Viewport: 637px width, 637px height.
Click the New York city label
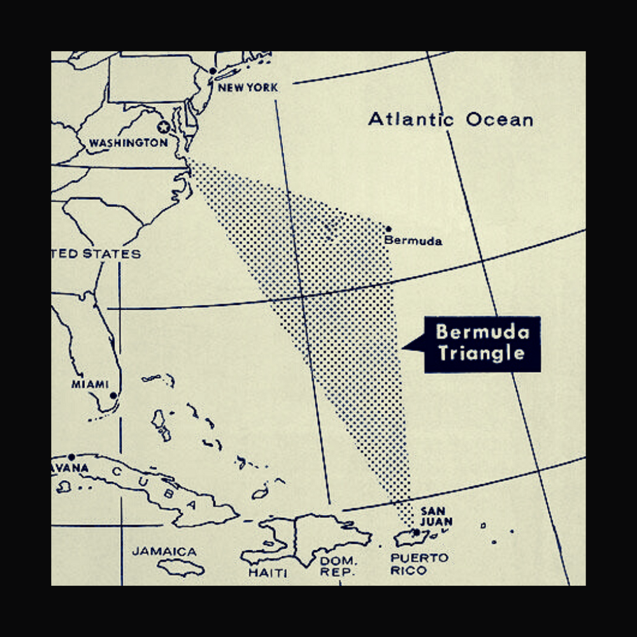[x=248, y=87]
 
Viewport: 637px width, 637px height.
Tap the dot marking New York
[x=213, y=71]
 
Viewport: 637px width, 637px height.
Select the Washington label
[x=128, y=143]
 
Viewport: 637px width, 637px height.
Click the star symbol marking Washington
[x=163, y=127]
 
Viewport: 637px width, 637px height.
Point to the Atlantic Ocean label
[x=450, y=119]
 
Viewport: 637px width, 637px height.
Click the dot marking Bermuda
[x=389, y=229]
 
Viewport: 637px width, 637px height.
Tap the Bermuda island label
[x=413, y=241]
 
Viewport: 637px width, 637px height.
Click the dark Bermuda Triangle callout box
[x=482, y=343]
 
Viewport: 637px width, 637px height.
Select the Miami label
[x=90, y=384]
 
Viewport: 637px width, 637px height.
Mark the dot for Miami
[x=113, y=395]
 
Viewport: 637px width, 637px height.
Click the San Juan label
[x=436, y=517]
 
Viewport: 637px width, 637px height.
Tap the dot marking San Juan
[x=416, y=532]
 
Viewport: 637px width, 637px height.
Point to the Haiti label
[x=268, y=573]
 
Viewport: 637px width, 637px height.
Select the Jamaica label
[x=164, y=551]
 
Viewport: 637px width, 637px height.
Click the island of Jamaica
[x=181, y=566]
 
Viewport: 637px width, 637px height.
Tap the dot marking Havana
[x=72, y=457]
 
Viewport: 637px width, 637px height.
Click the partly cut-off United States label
[x=96, y=254]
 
